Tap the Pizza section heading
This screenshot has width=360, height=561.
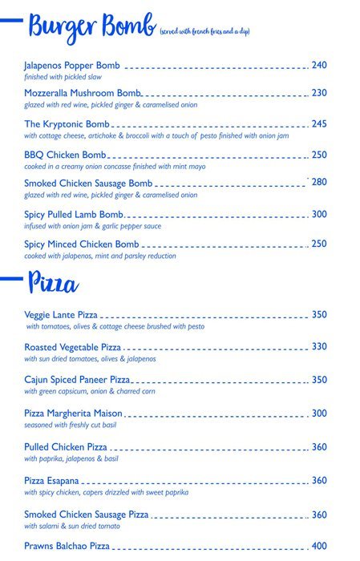53,283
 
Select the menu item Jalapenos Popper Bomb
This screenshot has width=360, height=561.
72,65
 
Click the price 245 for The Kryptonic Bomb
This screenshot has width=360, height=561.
319,124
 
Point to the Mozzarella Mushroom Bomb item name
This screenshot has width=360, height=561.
83,94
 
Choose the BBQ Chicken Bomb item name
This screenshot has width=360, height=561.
65,155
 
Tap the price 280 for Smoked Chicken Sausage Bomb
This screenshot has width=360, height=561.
319,183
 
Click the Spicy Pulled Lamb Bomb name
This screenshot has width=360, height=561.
74,215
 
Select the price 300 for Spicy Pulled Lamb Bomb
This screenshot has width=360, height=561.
319,214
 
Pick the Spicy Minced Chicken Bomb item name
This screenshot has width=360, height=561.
82,244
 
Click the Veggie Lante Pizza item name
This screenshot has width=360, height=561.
62,315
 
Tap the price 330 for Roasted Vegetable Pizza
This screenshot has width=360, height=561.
319,347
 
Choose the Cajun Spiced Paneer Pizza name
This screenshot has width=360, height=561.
77,379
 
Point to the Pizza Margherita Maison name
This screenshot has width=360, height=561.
74,414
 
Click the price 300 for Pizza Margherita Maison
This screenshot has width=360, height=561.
319,414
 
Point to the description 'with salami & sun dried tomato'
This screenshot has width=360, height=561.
72,526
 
